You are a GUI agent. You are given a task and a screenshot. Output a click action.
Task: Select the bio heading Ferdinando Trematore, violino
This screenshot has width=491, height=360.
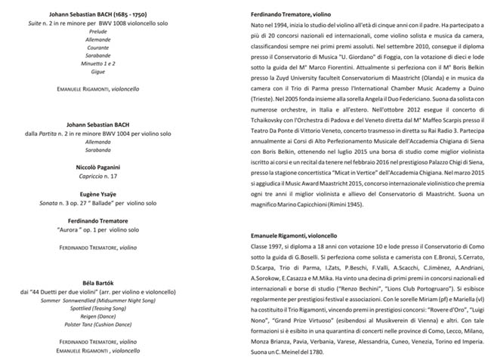295,14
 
